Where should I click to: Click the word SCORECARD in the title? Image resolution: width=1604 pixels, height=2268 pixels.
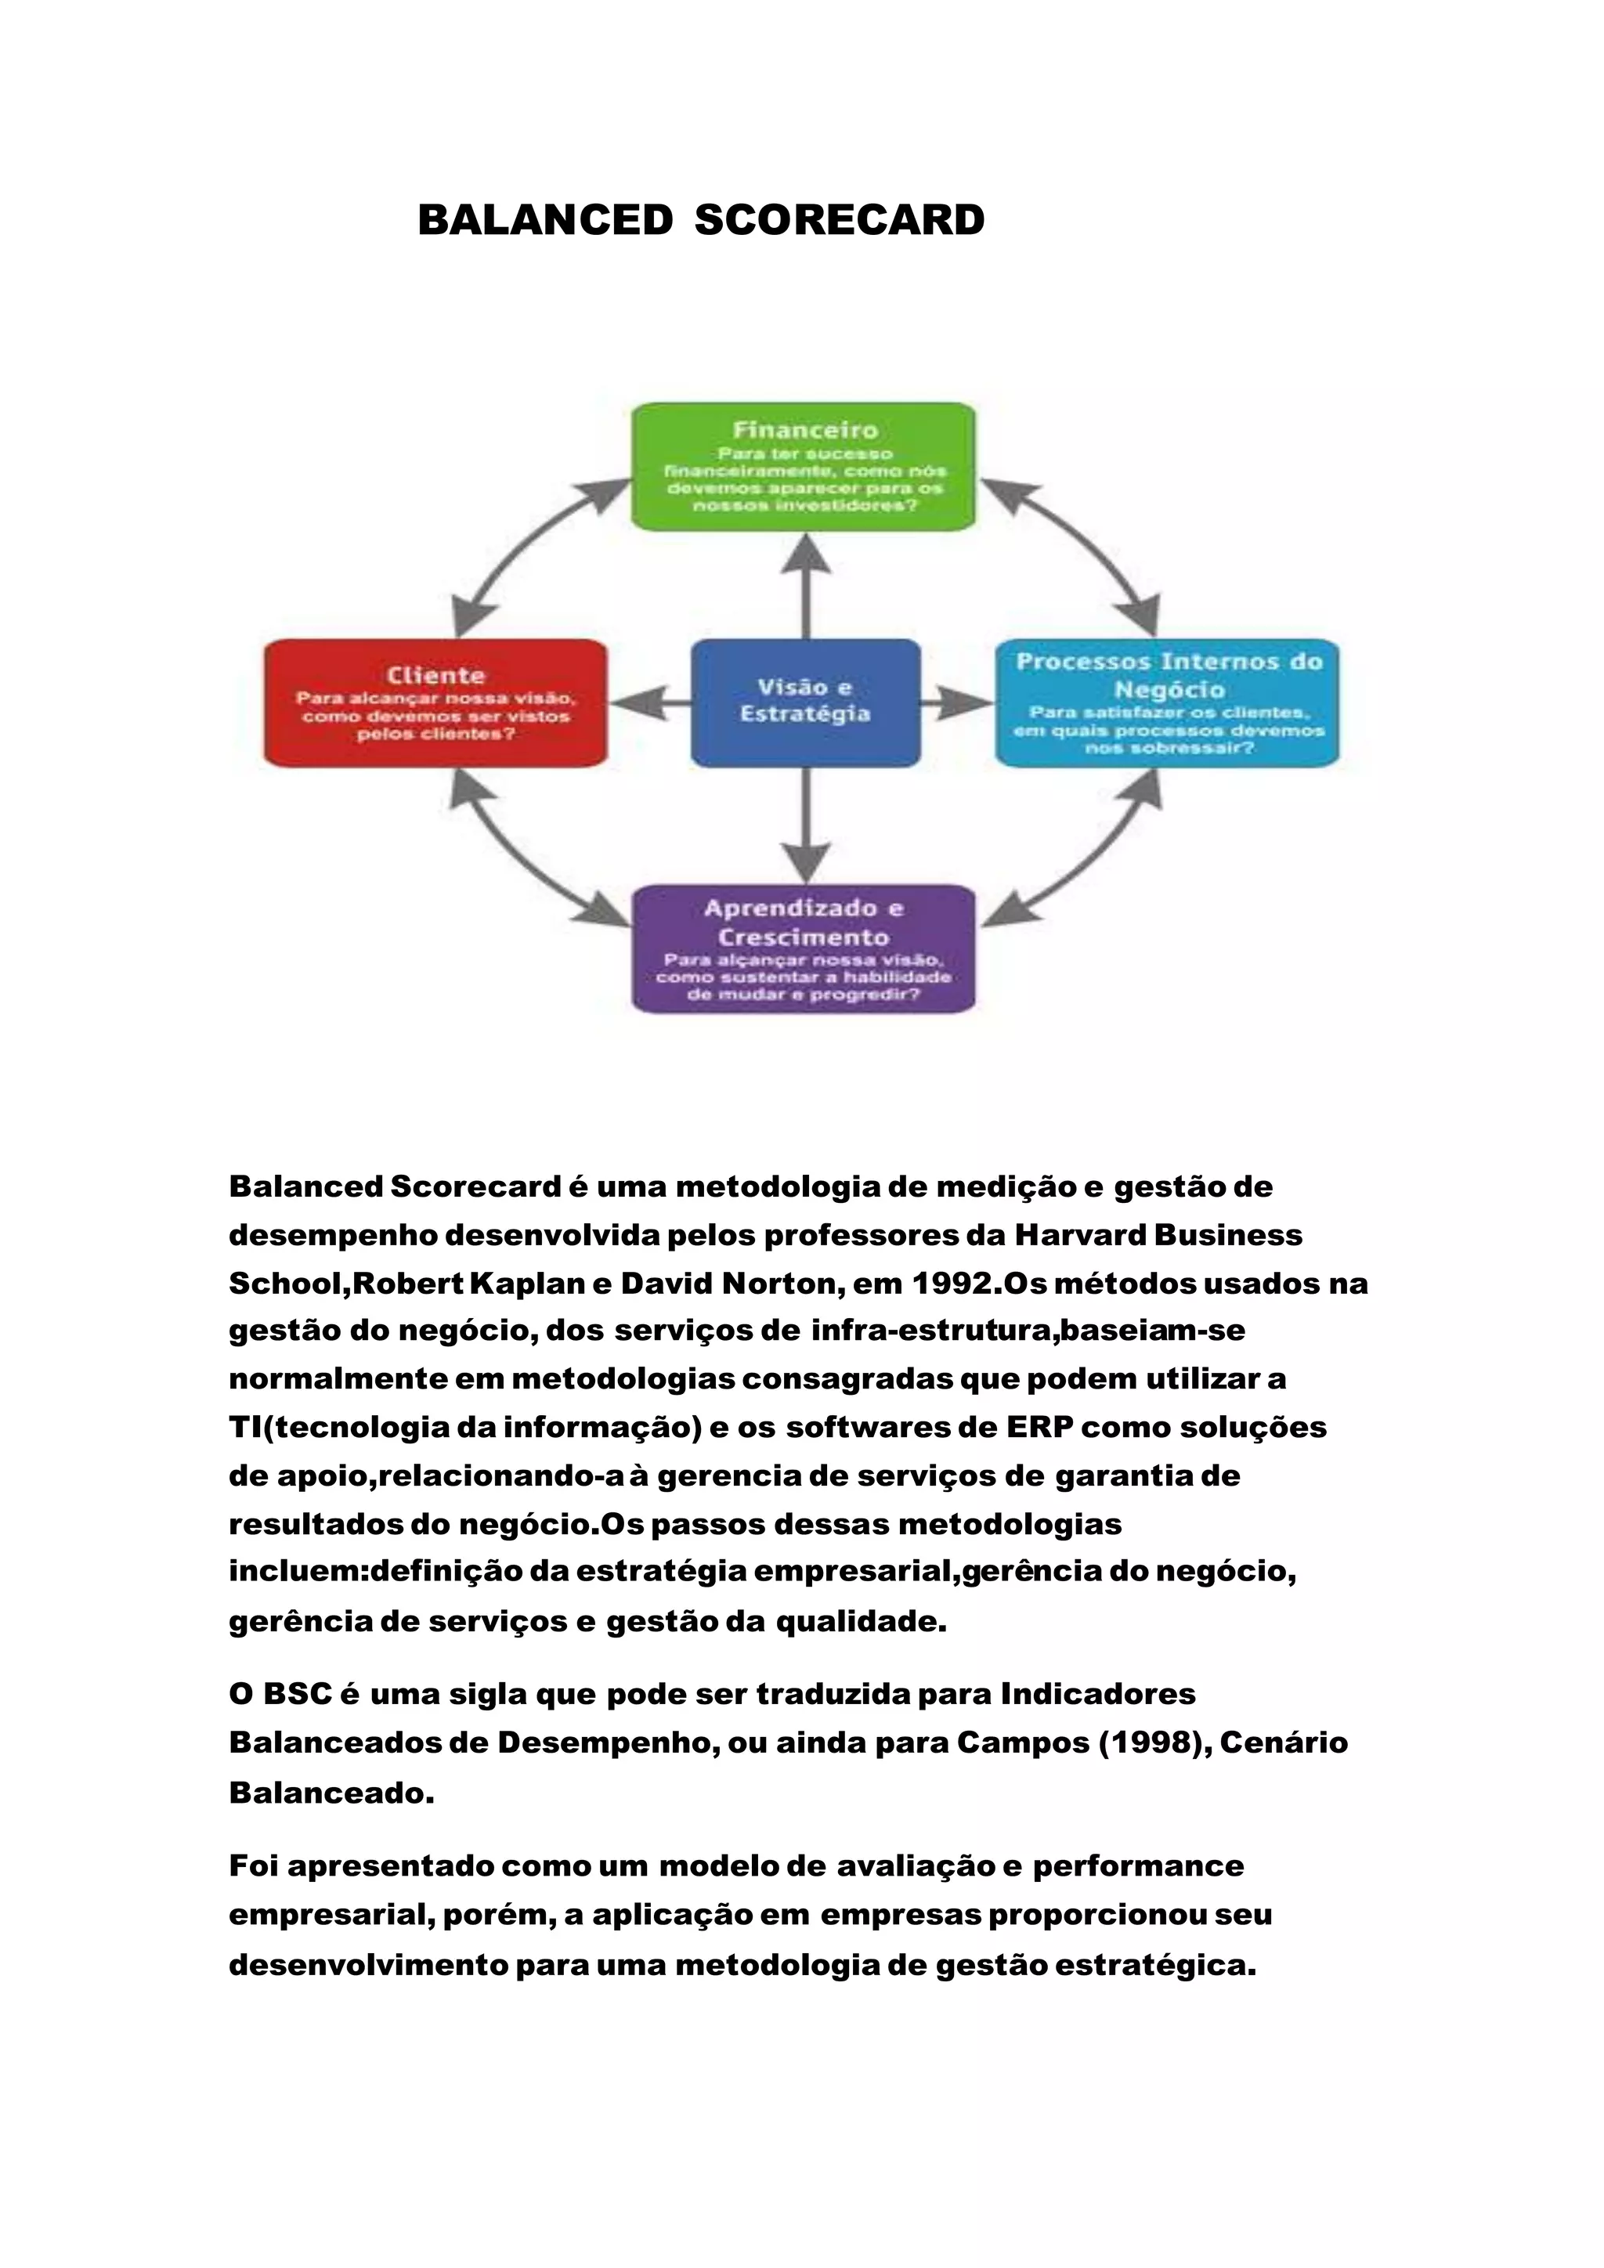coord(839,220)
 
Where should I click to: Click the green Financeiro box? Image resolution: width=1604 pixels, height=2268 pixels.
coord(803,466)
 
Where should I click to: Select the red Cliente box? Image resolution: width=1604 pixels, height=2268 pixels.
coord(435,702)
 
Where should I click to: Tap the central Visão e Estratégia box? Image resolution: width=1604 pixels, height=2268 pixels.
coord(805,702)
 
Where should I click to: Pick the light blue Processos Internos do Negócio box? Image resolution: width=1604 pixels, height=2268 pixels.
coord(1168,702)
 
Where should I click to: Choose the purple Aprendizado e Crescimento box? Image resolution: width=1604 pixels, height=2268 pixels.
coord(803,948)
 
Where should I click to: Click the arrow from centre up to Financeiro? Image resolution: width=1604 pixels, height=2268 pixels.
coord(806,587)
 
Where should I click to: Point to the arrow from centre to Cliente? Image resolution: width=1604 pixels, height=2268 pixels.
coord(649,703)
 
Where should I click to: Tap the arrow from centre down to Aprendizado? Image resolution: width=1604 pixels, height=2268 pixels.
coord(806,825)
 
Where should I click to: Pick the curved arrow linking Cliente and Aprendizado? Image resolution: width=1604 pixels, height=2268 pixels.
coord(523,859)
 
